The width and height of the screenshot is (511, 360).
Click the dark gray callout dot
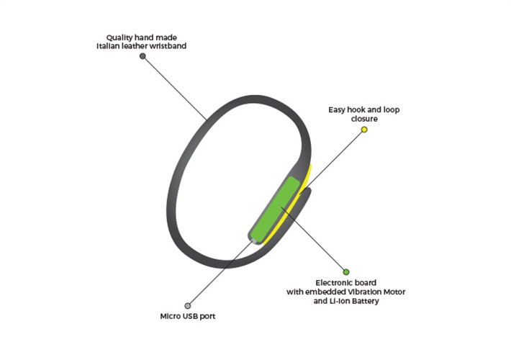[x=143, y=56]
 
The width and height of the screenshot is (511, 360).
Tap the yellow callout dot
[x=364, y=130]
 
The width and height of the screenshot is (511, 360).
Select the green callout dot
[x=346, y=271]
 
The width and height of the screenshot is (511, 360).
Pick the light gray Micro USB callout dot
[x=187, y=305]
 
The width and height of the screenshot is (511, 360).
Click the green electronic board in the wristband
[x=276, y=210]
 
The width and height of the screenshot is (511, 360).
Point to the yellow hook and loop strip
[x=289, y=205]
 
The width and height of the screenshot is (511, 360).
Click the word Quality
[x=119, y=38]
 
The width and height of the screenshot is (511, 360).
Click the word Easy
[x=337, y=110]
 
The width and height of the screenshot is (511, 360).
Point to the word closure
[x=364, y=119]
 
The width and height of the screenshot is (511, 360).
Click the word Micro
[x=170, y=316]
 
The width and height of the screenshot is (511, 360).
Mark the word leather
[x=135, y=46]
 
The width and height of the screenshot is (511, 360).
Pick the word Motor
[x=393, y=292]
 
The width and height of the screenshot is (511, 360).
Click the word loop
[x=391, y=110]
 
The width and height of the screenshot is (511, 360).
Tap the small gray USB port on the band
[x=253, y=242]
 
